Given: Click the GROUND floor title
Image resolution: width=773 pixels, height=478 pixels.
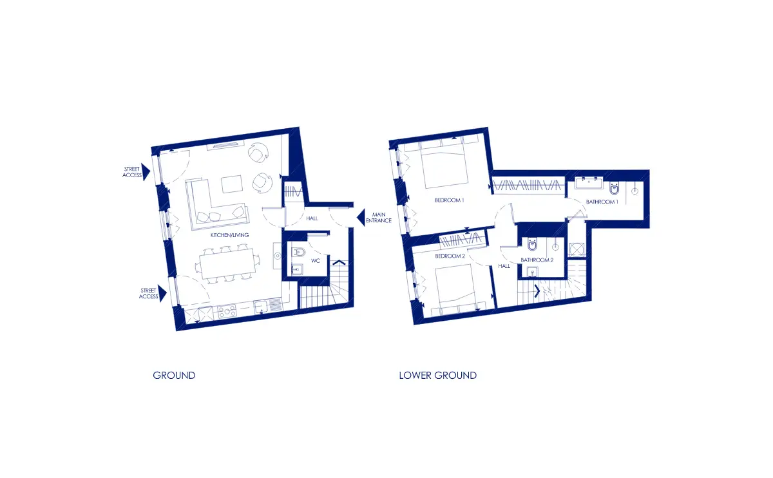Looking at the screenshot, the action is [x=174, y=375].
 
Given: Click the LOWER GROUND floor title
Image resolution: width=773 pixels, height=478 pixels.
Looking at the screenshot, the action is [x=437, y=375].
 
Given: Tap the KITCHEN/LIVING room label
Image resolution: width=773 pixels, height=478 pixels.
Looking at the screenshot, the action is [x=229, y=235].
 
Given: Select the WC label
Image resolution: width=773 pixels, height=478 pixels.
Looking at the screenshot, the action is [x=316, y=260].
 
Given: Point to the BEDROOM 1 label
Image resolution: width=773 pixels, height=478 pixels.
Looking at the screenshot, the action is [x=450, y=200].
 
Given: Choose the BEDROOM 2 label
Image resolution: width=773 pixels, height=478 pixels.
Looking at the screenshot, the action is [x=450, y=256].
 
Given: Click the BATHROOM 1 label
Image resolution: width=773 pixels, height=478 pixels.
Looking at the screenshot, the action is [x=602, y=202].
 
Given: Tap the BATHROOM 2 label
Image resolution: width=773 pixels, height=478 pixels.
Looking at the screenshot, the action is [x=537, y=260].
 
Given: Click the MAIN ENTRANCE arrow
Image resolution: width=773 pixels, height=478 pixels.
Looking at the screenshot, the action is [x=361, y=218].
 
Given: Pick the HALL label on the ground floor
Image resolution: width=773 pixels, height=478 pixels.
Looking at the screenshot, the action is [x=312, y=218].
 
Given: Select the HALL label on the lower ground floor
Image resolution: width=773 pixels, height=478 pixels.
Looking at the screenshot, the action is [x=504, y=266].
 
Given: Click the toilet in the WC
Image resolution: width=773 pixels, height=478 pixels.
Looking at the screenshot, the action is [x=298, y=253].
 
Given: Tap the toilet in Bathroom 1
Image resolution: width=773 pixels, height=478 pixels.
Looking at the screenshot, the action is [x=615, y=188].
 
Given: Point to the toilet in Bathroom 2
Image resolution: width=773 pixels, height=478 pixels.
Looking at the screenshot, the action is [x=532, y=245].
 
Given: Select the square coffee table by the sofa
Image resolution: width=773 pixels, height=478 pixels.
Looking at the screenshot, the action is [x=231, y=184].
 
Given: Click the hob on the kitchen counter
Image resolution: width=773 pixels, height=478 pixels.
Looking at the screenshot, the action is [x=227, y=312].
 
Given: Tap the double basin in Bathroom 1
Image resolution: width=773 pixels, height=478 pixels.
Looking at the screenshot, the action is [x=589, y=182].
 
